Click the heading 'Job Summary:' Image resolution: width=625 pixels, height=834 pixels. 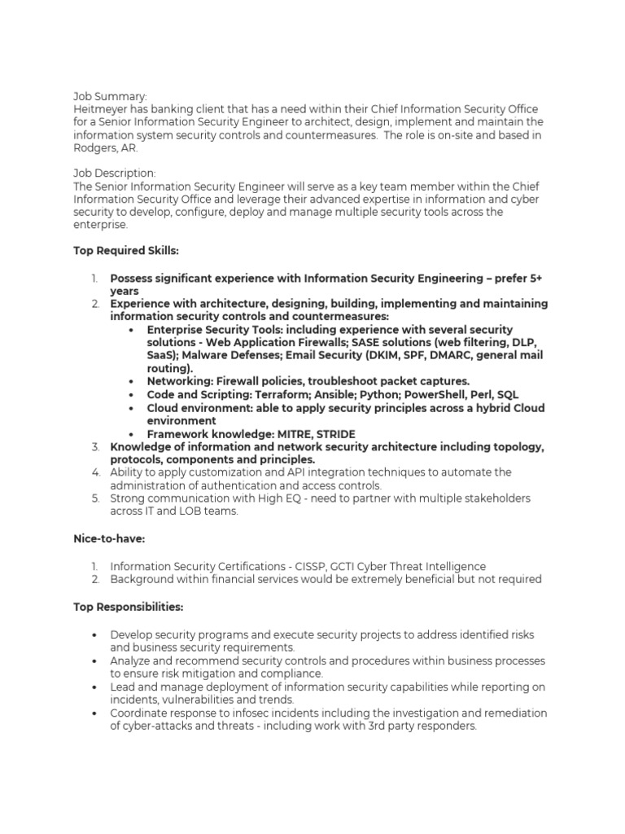(111, 96)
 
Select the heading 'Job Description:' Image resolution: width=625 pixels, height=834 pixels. (115, 173)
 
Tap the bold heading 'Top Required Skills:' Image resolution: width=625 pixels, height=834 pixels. (125, 251)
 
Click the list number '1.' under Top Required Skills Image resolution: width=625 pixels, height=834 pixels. (95, 279)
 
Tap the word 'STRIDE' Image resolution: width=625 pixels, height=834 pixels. (335, 434)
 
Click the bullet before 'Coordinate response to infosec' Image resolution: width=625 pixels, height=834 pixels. (94, 713)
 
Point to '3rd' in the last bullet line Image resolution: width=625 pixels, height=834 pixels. (366, 726)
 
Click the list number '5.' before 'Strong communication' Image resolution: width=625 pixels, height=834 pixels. (95, 498)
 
